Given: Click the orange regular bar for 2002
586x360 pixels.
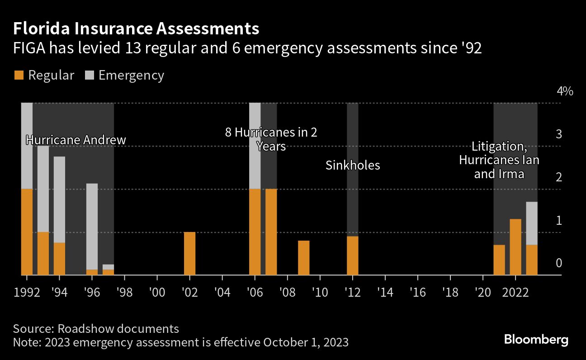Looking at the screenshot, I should [189, 253].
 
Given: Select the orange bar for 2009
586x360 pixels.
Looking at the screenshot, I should [303, 258].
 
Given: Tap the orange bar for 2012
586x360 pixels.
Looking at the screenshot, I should [352, 256].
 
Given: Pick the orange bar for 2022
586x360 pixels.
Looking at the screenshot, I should [515, 247].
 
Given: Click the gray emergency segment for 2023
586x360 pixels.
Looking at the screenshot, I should [532, 223].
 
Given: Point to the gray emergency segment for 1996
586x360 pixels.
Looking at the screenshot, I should [92, 226].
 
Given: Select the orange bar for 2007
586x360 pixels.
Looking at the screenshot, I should [271, 232].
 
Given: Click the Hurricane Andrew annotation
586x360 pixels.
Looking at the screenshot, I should [76, 140].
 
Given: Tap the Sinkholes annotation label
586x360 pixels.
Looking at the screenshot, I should [353, 165].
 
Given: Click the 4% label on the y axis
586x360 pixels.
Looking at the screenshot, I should [565, 91].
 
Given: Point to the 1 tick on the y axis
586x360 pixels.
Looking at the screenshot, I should [558, 220].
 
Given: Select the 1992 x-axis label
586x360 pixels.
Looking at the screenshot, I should [27, 291].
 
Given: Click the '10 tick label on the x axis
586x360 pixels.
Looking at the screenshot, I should [319, 291].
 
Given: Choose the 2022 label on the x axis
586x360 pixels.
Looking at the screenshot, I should [515, 291].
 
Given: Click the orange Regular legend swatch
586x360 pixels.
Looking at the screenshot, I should [19, 75].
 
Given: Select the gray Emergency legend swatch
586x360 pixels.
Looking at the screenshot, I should [89, 75].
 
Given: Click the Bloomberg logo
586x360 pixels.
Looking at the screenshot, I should [536, 340].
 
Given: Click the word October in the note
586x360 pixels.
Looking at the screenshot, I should [280, 341].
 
